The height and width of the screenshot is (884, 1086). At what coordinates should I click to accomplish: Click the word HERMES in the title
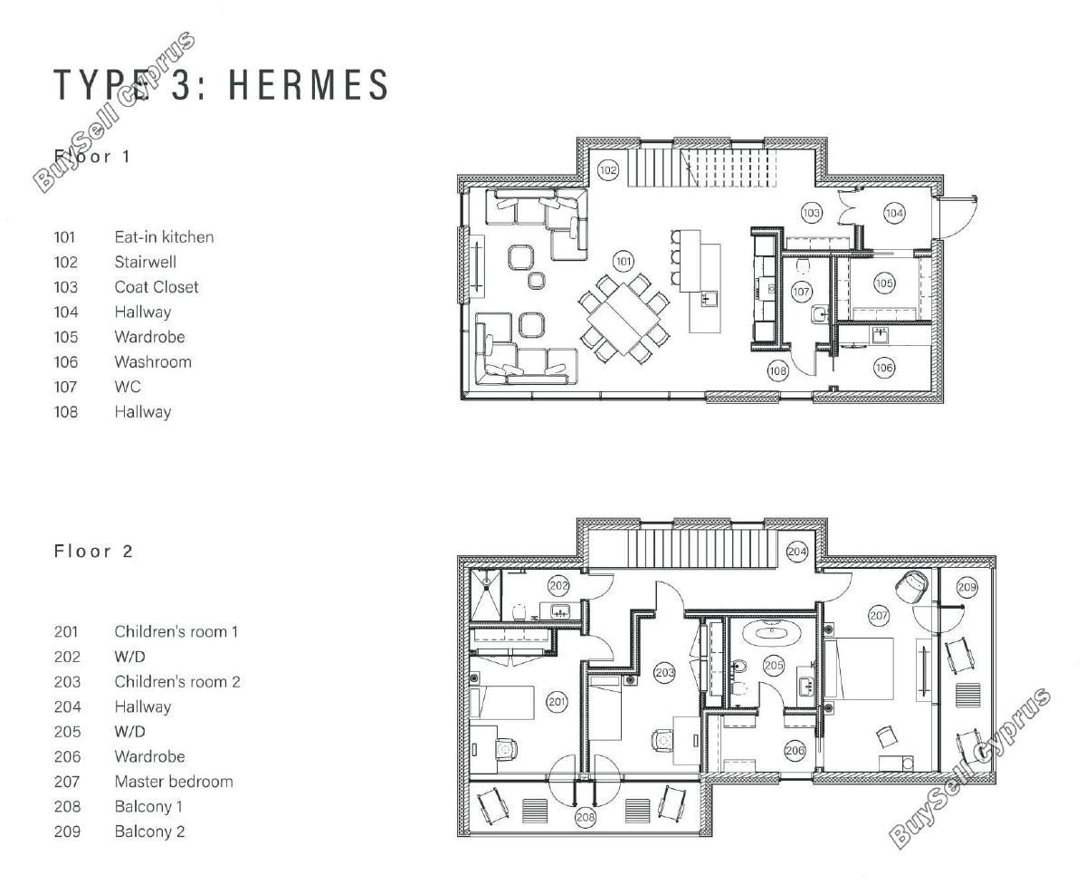309,84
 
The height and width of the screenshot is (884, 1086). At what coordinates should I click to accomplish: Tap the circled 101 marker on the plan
624,262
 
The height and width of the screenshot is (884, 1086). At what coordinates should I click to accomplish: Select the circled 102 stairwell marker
608,170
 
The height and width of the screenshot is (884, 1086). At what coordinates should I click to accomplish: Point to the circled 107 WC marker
801,292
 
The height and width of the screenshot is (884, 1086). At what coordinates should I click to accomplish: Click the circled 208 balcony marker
586,817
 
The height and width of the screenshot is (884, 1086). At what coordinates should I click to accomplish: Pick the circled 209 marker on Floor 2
967,587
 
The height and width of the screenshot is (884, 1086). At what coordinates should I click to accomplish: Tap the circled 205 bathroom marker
774,665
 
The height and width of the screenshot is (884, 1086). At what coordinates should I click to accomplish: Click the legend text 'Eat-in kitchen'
164,237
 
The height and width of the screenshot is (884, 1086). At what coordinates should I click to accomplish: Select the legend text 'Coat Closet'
157,287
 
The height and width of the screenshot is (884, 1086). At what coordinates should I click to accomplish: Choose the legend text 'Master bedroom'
174,782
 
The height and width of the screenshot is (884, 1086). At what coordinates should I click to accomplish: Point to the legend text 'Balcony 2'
150,831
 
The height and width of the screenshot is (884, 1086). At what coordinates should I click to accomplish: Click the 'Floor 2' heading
93,551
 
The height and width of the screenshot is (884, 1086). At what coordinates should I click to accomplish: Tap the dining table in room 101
624,318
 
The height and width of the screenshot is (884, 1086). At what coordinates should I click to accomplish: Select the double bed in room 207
859,668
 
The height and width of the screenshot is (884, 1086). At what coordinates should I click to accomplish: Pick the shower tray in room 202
486,595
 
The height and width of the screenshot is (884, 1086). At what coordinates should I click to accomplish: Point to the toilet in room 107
803,266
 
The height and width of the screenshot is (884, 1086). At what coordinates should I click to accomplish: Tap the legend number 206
67,756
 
